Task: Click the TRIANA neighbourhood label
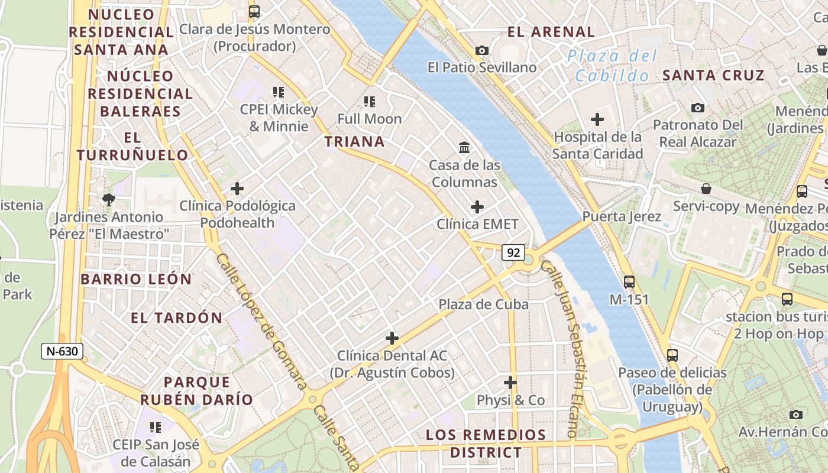(354, 141)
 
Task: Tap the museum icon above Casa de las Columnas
(464, 147)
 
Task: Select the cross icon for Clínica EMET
(477, 207)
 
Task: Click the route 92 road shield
(513, 252)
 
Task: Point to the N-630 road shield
(62, 351)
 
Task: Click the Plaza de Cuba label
(483, 304)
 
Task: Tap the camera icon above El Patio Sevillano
(482, 50)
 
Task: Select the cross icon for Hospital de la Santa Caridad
(597, 119)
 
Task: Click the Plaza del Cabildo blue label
(612, 66)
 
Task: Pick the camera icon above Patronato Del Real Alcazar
(698, 108)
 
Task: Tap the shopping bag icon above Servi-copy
(706, 189)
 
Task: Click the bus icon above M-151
(629, 282)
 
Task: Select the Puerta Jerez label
(622, 216)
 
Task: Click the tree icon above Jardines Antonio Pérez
(108, 199)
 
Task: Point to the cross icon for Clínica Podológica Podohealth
(237, 189)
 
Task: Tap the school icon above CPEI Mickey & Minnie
(278, 92)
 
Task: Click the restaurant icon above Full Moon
(370, 102)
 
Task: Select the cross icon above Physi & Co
(510, 383)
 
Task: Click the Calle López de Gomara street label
(261, 322)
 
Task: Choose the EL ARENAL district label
(551, 32)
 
